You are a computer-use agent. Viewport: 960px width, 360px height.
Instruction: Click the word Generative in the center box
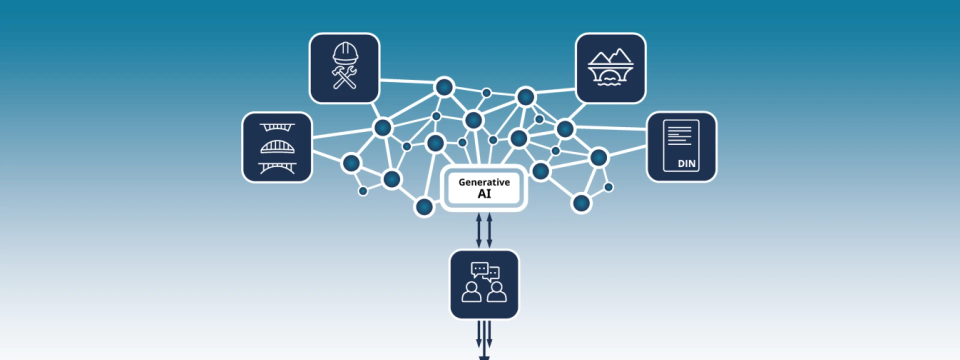tap(483, 182)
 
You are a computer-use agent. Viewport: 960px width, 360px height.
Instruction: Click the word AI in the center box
tap(484, 194)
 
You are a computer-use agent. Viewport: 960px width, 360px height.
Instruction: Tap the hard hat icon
tap(345, 53)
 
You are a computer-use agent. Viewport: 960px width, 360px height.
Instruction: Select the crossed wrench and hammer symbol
tap(344, 77)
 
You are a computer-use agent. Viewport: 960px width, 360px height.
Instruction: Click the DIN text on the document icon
tap(686, 163)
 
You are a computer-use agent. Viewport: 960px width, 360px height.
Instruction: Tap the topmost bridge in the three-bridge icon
tap(277, 127)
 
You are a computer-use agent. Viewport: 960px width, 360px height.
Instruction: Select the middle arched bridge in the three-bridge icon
tap(277, 147)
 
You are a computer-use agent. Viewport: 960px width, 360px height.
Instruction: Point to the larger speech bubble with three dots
tap(479, 269)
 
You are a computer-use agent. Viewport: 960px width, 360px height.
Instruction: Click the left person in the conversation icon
tap(471, 292)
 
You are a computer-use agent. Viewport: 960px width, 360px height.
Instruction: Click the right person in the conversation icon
tap(496, 292)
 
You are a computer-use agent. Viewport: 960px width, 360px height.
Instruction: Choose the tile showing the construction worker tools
tap(344, 68)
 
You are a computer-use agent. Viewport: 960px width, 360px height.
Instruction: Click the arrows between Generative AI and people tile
tap(484, 230)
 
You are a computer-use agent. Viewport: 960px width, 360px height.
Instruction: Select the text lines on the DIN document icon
tap(679, 135)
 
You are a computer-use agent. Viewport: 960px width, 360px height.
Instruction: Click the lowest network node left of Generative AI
tap(424, 206)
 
